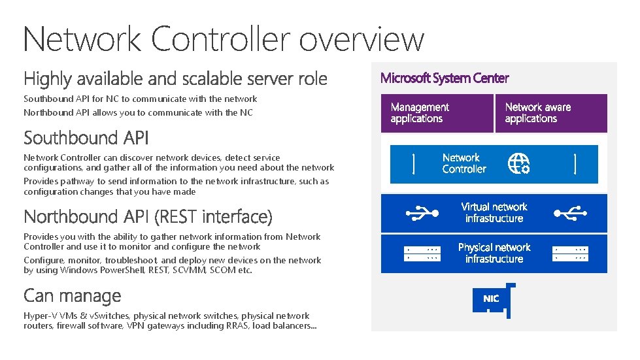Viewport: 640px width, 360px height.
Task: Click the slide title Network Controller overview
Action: pyautogui.click(x=224, y=39)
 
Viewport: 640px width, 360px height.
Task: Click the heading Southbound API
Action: pyautogui.click(x=86, y=138)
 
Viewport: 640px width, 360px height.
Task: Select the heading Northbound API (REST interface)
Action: pyautogui.click(x=148, y=216)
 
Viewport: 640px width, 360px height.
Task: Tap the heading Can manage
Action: pyautogui.click(x=72, y=295)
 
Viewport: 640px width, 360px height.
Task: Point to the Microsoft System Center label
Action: pyautogui.click(x=445, y=78)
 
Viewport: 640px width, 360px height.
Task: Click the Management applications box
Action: pyautogui.click(x=436, y=113)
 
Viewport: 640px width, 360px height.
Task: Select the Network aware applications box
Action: pyautogui.click(x=551, y=113)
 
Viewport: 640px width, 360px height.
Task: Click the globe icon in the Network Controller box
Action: pyautogui.click(x=519, y=163)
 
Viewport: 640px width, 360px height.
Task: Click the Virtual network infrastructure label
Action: pyautogui.click(x=494, y=212)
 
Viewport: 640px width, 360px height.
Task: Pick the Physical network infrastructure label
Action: pyautogui.click(x=494, y=253)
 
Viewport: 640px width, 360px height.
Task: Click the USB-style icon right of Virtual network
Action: pyautogui.click(x=567, y=212)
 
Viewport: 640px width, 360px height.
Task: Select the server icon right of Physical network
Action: pyautogui.click(x=569, y=254)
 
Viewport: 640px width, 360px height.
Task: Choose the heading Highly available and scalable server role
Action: pyautogui.click(x=175, y=79)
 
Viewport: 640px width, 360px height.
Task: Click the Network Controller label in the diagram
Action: pyautogui.click(x=464, y=163)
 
